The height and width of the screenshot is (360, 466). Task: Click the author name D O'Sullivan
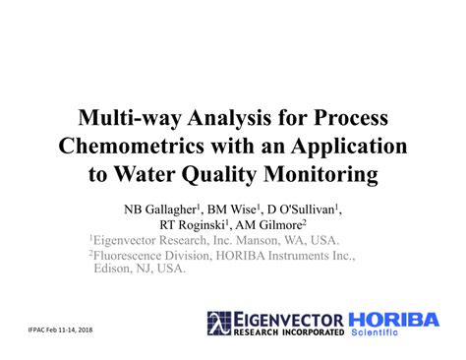304,210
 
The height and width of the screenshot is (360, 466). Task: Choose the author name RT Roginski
205,224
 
